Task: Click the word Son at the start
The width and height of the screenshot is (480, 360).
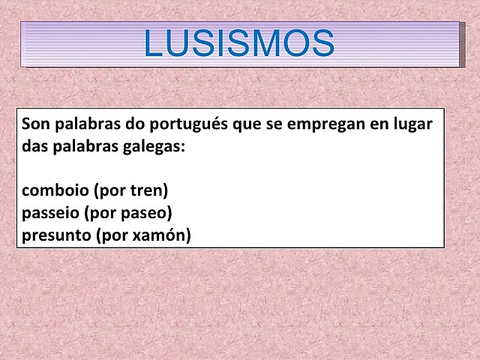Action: point(36,124)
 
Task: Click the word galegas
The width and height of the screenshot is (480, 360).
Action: point(155,146)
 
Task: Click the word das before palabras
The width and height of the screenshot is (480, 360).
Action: point(34,146)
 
